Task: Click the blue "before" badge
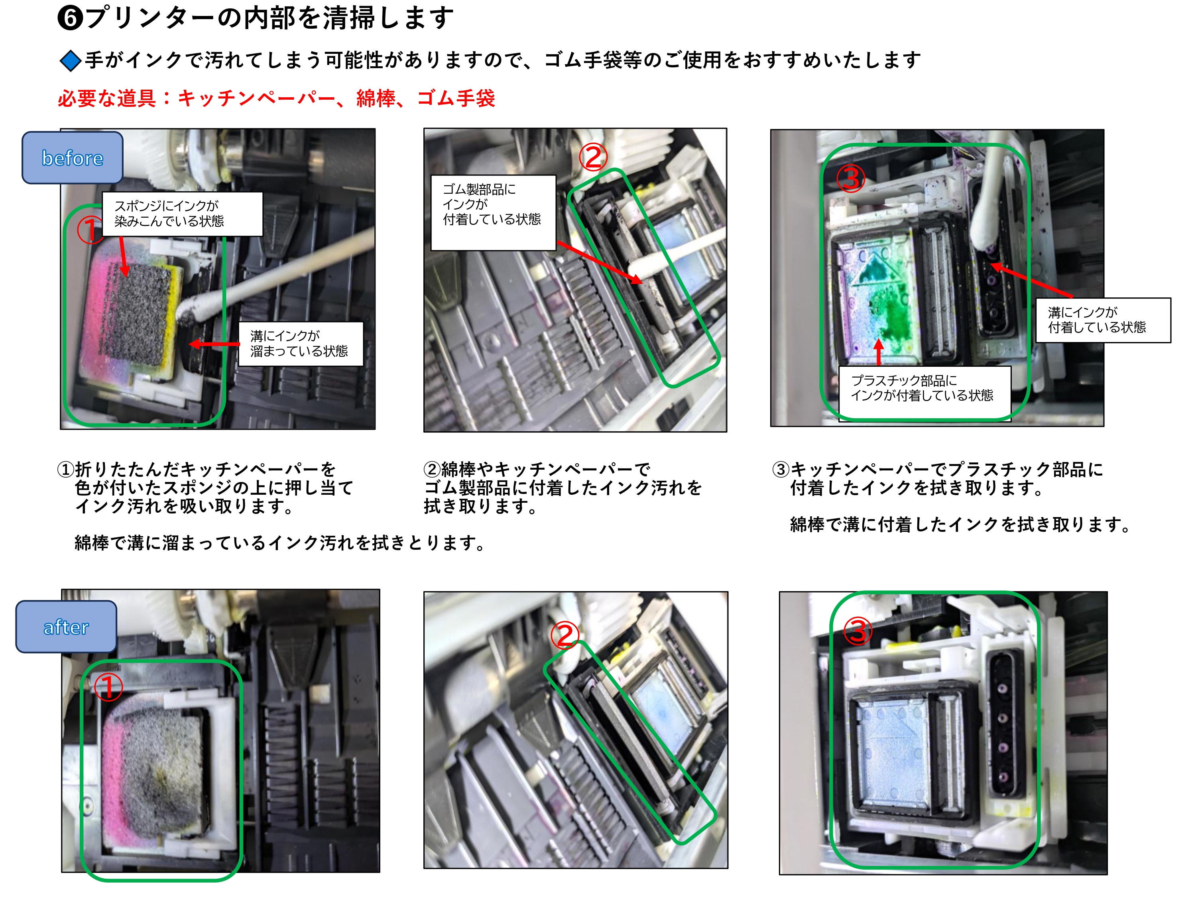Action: point(73,157)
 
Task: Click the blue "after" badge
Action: point(66,627)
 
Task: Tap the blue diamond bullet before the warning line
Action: point(70,61)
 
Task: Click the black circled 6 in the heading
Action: point(70,18)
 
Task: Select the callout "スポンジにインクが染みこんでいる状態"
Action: point(182,214)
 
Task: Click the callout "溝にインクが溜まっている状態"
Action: point(301,344)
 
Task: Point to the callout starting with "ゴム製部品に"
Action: point(493,212)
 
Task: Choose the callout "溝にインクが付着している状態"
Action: point(1103,320)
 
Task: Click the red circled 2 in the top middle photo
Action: point(593,157)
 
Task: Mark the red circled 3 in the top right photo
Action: point(851,179)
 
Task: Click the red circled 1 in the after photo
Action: point(108,687)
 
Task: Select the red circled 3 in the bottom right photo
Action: point(859,631)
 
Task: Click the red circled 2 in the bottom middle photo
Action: point(565,635)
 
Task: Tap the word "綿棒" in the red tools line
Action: point(376,98)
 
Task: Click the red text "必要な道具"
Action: point(107,98)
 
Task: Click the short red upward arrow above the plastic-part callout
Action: point(879,352)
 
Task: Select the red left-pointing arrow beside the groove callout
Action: point(214,344)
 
